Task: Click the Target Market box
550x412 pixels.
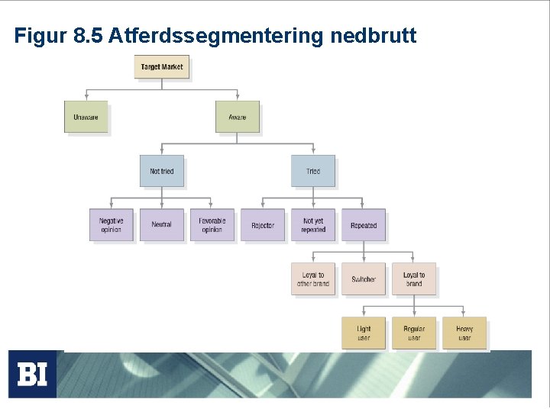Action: [x=161, y=67]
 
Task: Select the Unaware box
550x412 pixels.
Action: [x=86, y=117]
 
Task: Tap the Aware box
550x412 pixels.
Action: [x=238, y=117]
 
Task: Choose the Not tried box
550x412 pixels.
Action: [x=162, y=171]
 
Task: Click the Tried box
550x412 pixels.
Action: [x=313, y=171]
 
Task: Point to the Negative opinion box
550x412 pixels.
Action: [x=111, y=225]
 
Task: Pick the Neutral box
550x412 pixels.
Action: [x=162, y=225]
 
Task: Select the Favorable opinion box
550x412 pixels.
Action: [x=212, y=225]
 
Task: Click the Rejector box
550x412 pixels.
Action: [x=263, y=225]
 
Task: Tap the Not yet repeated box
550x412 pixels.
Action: [x=313, y=225]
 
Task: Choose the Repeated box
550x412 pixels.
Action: [x=364, y=225]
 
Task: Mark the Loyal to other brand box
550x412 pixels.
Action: [x=313, y=279]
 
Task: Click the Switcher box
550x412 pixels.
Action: [x=364, y=279]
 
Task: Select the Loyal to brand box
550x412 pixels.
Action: [x=414, y=279]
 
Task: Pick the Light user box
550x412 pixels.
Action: [x=364, y=333]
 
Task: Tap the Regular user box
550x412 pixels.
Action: [x=414, y=333]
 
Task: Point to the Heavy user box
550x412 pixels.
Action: [x=464, y=333]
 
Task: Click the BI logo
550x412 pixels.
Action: [x=32, y=374]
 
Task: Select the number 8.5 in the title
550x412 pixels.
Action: [x=90, y=35]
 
